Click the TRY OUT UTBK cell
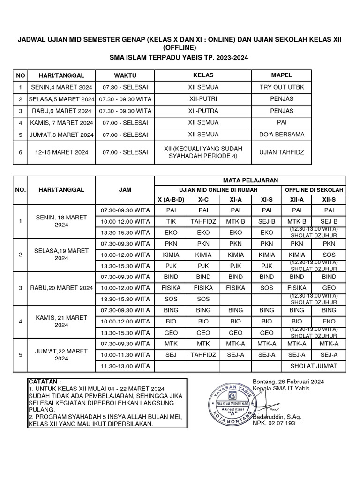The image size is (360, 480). [x=282, y=87]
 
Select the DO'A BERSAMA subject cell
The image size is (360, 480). [x=282, y=135]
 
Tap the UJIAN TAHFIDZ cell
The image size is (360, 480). [x=282, y=152]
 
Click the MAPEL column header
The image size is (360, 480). [x=282, y=75]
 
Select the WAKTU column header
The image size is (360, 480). [x=125, y=75]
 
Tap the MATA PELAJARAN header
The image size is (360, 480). [x=250, y=180]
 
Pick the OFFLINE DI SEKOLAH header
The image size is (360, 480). [x=313, y=190]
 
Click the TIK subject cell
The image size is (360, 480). [x=171, y=220]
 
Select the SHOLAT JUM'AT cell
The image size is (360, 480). [x=313, y=366]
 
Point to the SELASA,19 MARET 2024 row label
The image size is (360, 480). [x=61, y=255]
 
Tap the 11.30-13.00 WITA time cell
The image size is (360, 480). [x=125, y=366]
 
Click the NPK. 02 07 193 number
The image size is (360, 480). [x=274, y=423]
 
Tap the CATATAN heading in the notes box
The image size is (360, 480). [x=45, y=382]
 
